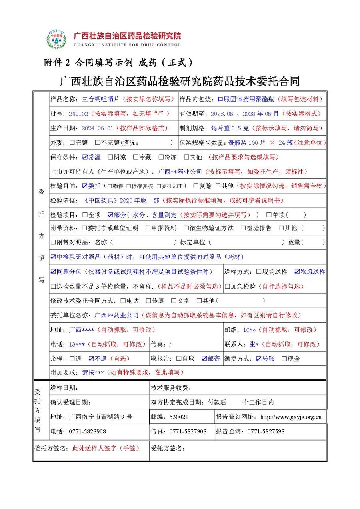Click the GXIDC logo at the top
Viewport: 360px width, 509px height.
(58, 39)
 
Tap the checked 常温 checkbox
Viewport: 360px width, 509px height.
(85, 157)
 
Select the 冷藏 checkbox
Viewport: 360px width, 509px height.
(136, 157)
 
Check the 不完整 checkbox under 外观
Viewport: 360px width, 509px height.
(98, 142)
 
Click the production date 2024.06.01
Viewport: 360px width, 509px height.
(98, 128)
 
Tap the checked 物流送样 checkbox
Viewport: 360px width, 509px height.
(297, 272)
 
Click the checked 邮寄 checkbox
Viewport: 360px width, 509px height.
(204, 359)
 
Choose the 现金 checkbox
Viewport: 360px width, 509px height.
(284, 359)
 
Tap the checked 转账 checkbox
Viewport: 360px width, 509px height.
(259, 359)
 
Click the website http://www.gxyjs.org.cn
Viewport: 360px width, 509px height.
(291, 417)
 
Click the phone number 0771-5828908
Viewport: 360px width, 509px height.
(88, 431)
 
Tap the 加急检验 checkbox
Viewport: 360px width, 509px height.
(227, 286)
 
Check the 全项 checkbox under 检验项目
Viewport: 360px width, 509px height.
(85, 215)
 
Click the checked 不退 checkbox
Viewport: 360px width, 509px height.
(91, 359)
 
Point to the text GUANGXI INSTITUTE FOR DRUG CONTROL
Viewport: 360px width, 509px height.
(127, 45)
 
